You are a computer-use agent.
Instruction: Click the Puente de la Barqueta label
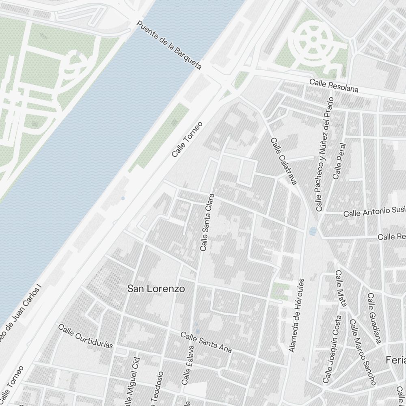169,45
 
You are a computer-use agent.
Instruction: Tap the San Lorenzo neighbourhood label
156,289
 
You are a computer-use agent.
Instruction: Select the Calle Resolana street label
334,86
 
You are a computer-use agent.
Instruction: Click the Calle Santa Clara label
207,222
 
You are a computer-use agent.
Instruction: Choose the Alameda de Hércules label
296,315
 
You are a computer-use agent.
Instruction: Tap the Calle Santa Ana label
206,342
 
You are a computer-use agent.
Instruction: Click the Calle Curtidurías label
85,336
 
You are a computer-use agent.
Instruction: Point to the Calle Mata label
341,288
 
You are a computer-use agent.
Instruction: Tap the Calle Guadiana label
374,318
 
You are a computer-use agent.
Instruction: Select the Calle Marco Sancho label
362,352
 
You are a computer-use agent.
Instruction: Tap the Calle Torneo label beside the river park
187,139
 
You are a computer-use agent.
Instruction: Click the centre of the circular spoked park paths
313,39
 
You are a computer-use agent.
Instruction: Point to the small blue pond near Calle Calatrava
313,231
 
